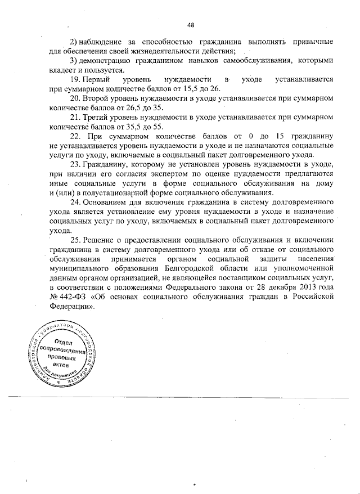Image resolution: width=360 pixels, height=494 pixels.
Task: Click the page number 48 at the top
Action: (x=190, y=24)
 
